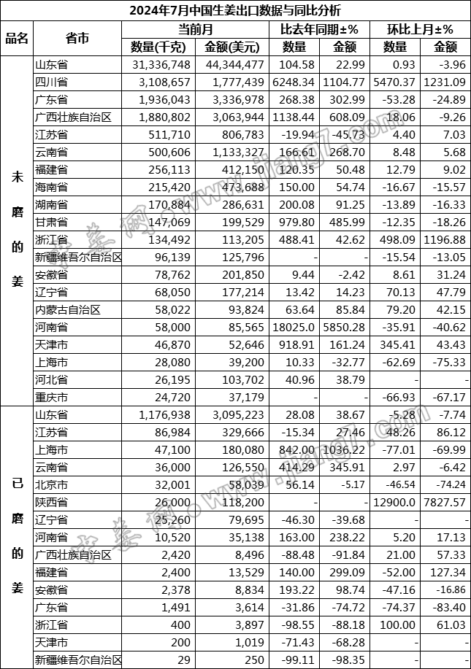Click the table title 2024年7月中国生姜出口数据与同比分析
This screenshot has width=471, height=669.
[235, 11]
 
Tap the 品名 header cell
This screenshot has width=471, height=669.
[17, 39]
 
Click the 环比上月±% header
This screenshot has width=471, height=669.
[420, 30]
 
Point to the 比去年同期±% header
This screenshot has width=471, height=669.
[319, 30]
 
